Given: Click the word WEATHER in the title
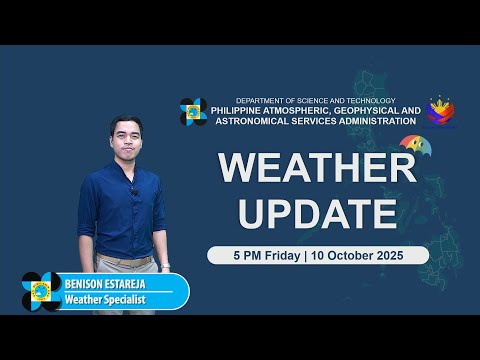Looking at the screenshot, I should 317,168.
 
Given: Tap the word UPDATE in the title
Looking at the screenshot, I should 317,212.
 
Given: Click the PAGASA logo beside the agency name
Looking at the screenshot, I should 193,112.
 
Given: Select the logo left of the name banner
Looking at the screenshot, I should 41,291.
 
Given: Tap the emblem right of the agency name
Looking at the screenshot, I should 440,112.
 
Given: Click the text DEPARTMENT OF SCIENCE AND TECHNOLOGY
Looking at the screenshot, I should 315,101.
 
